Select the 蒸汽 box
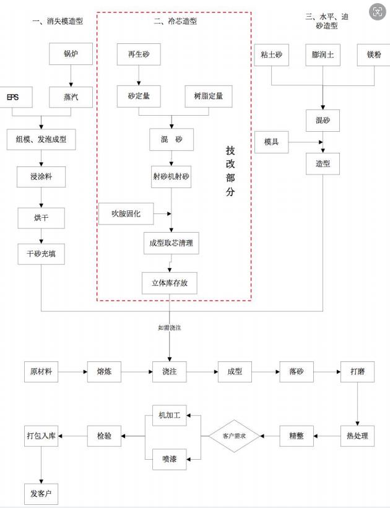click(71, 97)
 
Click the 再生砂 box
click(138, 55)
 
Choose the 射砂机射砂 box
click(171, 176)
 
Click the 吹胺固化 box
click(126, 213)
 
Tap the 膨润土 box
click(323, 56)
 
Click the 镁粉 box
click(374, 56)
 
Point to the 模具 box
click(272, 142)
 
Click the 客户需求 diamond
click(234, 436)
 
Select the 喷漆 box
click(168, 458)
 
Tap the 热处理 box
click(357, 436)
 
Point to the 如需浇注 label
click(170, 327)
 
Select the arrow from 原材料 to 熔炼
click(73, 372)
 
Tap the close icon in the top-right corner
click(377, 12)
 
